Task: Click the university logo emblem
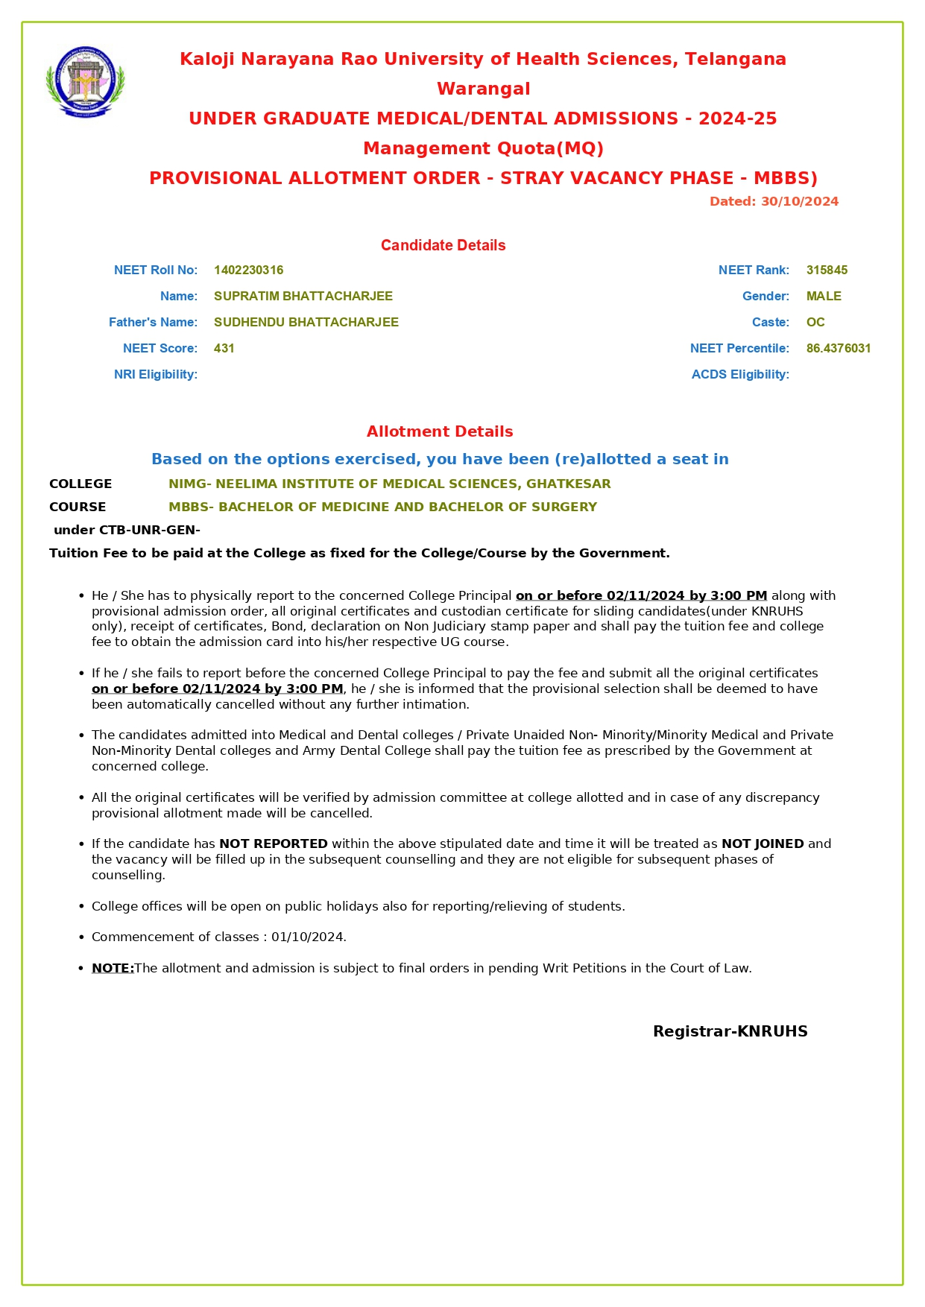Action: (x=85, y=81)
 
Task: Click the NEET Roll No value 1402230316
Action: (x=248, y=270)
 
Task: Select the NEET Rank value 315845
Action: (x=827, y=270)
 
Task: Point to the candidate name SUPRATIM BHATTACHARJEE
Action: (x=303, y=296)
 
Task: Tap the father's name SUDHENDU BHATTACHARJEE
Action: (x=306, y=322)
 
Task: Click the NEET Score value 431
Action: (x=224, y=348)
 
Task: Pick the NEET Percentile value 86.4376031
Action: (x=838, y=348)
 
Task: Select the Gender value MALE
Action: (x=823, y=296)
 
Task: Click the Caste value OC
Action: (x=815, y=322)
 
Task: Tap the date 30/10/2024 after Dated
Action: (x=799, y=201)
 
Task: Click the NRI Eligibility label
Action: (x=155, y=374)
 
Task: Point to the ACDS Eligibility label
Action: (x=739, y=374)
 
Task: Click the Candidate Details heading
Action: (x=443, y=245)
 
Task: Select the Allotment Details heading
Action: (x=439, y=431)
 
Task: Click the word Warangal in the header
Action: (x=483, y=89)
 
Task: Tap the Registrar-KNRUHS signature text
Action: (x=730, y=1031)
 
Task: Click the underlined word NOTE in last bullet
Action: (x=112, y=968)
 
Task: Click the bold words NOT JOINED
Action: (x=762, y=844)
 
